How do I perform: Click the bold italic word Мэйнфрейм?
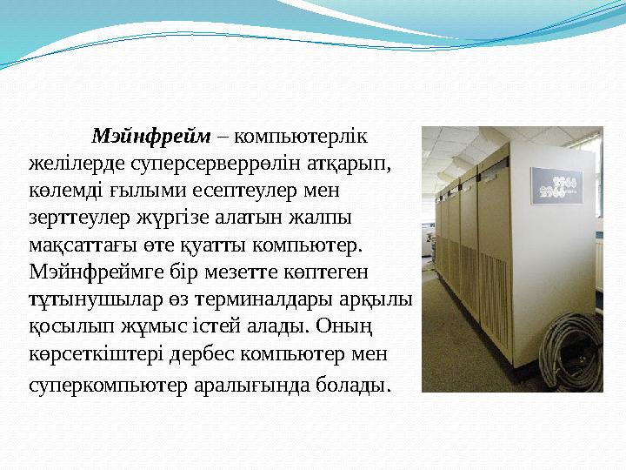[x=151, y=137]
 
